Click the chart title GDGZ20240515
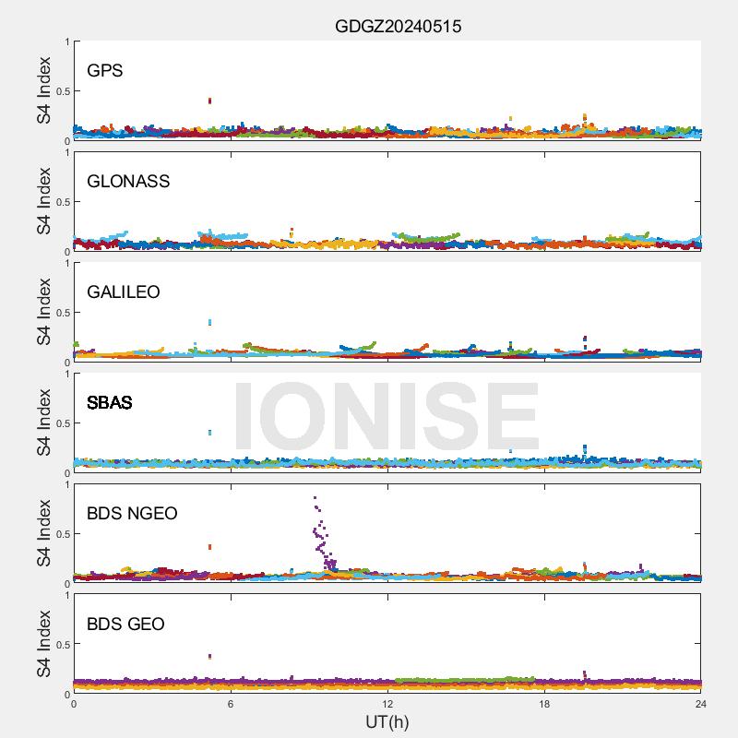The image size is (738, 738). coord(398,27)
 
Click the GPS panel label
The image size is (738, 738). coord(104,71)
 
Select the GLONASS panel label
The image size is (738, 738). coord(128,182)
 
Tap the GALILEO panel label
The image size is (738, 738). coord(123,292)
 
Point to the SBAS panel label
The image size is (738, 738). coord(109,403)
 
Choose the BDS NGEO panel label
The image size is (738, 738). coord(132,514)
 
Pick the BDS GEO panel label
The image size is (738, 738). coord(125,625)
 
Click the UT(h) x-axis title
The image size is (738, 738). coord(387,721)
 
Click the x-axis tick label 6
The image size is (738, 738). coord(231,704)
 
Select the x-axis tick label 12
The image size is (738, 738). coord(387,704)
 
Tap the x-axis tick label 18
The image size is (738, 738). coord(544,704)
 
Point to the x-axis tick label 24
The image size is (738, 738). coord(701,704)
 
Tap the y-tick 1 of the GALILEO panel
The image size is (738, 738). coord(66,264)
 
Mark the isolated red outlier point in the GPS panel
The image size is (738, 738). coord(210,101)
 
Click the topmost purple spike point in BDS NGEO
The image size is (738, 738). coord(315,498)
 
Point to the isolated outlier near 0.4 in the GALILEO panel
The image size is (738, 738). coord(210,322)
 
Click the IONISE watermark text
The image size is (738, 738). coord(386,417)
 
